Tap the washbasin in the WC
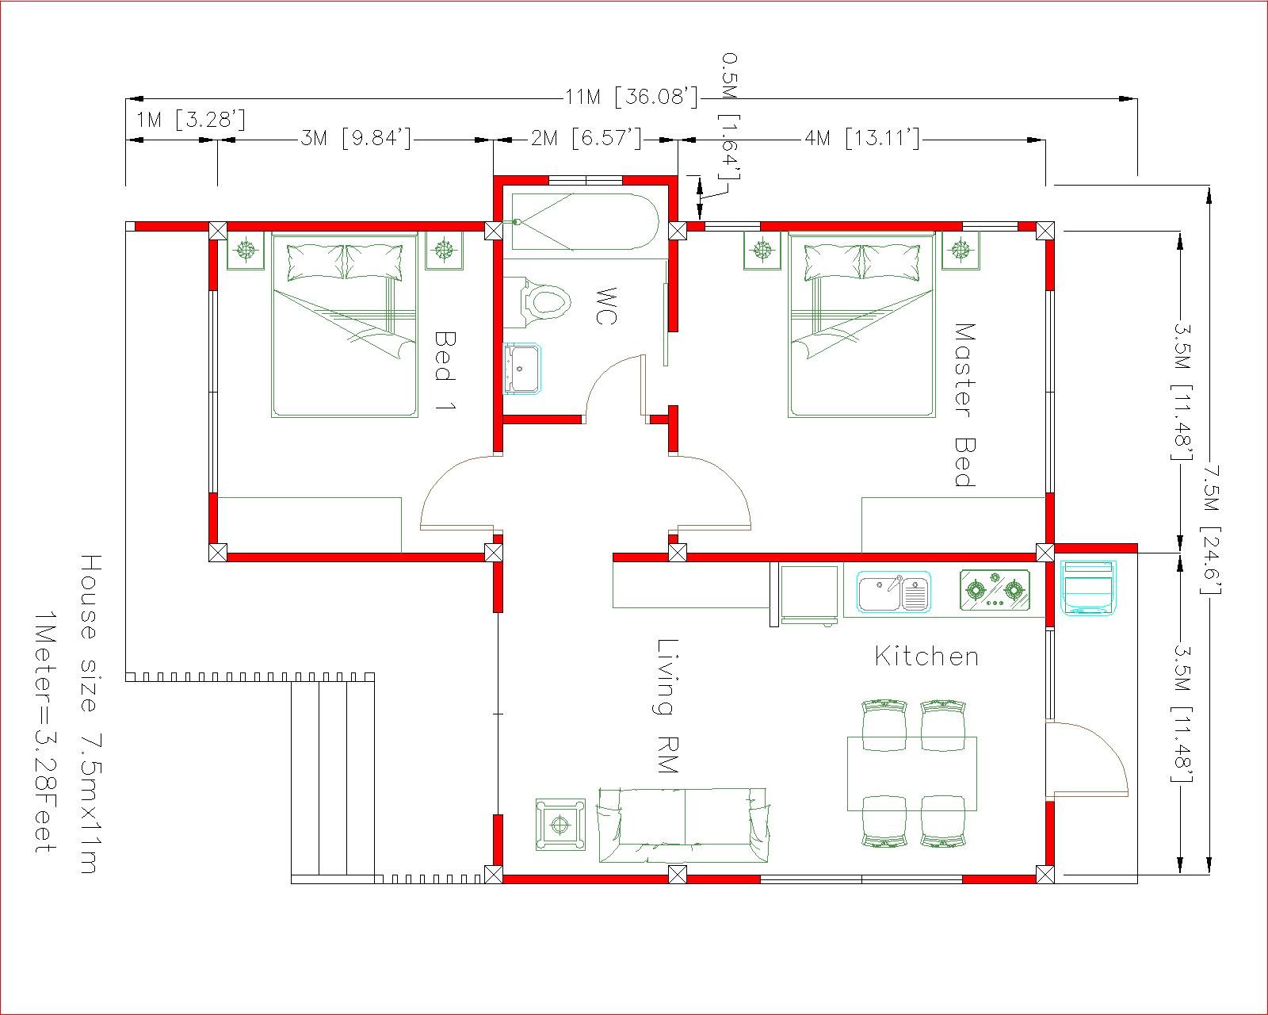(521, 370)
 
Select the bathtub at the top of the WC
(585, 221)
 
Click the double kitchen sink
(893, 592)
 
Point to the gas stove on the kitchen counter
(995, 590)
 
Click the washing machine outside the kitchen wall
(1087, 588)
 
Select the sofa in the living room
(683, 825)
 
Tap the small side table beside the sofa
(560, 825)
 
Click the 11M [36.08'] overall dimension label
(632, 96)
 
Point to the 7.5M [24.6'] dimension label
(1212, 529)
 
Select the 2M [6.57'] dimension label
(586, 138)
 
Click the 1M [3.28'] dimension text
(191, 120)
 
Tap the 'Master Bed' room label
(964, 405)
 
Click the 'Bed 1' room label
(445, 370)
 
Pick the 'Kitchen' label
(926, 656)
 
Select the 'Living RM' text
(667, 706)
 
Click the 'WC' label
(606, 305)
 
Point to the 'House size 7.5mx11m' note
(90, 714)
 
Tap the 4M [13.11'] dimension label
(862, 138)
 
